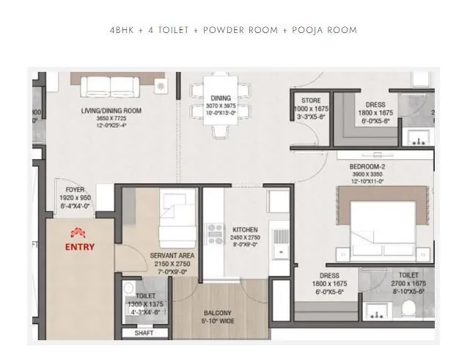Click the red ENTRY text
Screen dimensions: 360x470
coord(80,246)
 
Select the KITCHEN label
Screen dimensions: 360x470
coord(244,229)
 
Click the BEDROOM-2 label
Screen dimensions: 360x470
coord(368,166)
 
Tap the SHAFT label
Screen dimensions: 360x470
coord(144,333)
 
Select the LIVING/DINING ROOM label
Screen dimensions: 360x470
coord(111,111)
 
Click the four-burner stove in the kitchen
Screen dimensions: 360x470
coord(216,234)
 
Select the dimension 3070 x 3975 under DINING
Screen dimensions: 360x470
coord(220,106)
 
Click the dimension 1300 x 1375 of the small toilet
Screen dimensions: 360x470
coord(145,303)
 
